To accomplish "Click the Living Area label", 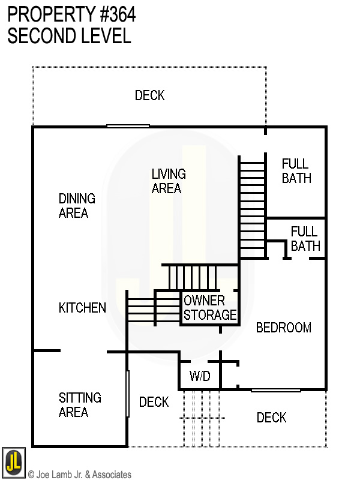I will (168, 181).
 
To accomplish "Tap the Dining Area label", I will (76, 206).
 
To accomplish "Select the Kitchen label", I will (82, 308).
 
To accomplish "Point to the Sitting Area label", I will (80, 405).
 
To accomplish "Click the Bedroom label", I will (284, 328).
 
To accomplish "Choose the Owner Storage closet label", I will (209, 308).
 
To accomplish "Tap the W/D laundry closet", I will (200, 377).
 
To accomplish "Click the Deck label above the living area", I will (149, 95).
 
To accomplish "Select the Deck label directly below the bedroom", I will (271, 418).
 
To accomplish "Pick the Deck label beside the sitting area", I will (154, 402).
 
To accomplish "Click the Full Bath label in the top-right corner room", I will (296, 171).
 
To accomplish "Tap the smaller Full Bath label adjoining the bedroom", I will (305, 239).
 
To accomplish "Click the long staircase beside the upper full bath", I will (252, 206).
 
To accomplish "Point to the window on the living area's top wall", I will (128, 126).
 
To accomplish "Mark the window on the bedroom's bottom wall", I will (275, 390).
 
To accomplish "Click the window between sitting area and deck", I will (127, 394).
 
